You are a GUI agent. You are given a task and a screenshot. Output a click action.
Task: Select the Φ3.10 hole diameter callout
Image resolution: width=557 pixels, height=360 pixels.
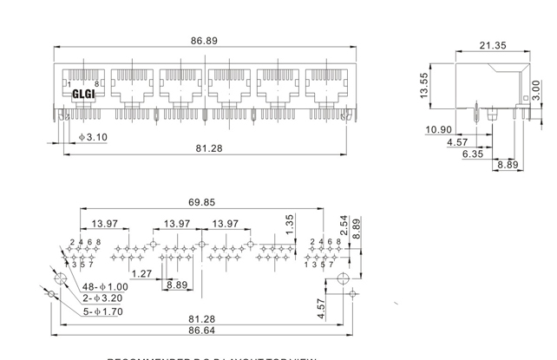pyautogui.click(x=93, y=137)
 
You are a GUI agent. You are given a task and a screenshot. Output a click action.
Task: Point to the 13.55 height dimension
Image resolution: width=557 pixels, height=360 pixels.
pyautogui.click(x=425, y=85)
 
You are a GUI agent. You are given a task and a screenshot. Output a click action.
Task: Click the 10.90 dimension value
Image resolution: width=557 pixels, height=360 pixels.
pyautogui.click(x=439, y=130)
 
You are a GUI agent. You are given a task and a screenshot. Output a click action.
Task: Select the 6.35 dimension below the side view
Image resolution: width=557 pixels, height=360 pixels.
pyautogui.click(x=473, y=154)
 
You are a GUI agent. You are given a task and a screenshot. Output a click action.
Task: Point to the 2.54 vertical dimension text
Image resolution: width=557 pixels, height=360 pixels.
pyautogui.click(x=344, y=226)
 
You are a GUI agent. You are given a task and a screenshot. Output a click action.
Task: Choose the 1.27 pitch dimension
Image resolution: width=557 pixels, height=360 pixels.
pyautogui.click(x=142, y=274)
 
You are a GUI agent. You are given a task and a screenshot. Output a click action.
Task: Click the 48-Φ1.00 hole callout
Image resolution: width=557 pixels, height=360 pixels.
pyautogui.click(x=106, y=286)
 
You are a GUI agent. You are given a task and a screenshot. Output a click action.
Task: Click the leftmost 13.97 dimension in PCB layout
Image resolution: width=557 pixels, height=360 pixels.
pyautogui.click(x=106, y=224)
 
